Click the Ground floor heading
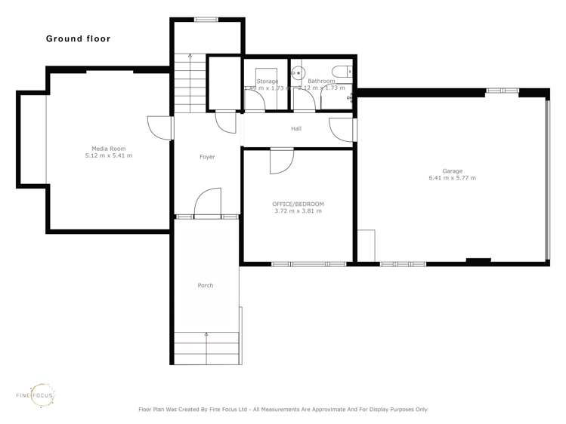(x=78, y=38)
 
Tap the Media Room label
(x=108, y=149)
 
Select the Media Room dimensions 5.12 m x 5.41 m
(x=108, y=156)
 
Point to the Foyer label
(x=206, y=157)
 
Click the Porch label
(x=205, y=285)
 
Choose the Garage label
(x=452, y=171)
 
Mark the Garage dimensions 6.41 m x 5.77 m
(x=452, y=178)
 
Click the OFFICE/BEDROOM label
(x=298, y=204)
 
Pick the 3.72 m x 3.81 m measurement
(x=298, y=211)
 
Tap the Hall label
(x=296, y=129)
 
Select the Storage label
(x=267, y=81)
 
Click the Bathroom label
(x=321, y=81)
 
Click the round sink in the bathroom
(x=298, y=73)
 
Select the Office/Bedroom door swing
(x=281, y=161)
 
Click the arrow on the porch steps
(x=206, y=333)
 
